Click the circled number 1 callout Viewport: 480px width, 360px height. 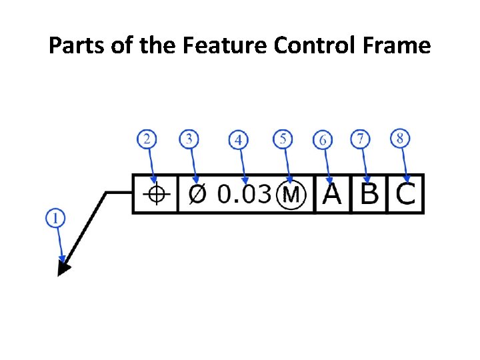click(x=56, y=218)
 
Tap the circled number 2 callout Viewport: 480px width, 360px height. click(x=147, y=139)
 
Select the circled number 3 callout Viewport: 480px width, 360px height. click(x=189, y=139)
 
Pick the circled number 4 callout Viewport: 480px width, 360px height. click(x=238, y=140)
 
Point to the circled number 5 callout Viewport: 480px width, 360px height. click(x=283, y=139)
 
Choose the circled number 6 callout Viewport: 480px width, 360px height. click(x=323, y=140)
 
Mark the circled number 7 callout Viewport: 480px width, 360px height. click(x=361, y=139)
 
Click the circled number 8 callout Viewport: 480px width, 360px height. click(x=400, y=139)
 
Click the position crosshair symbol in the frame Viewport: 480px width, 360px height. click(x=156, y=194)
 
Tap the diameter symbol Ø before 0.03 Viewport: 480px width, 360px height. click(x=197, y=194)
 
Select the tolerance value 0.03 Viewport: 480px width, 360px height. click(x=245, y=194)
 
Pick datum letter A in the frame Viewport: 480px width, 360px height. click(x=333, y=194)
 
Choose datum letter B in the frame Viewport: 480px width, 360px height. click(x=369, y=194)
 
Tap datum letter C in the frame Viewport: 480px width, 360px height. click(x=405, y=194)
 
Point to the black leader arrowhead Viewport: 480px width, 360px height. click(x=64, y=267)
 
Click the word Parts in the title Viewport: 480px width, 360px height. click(x=75, y=45)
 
